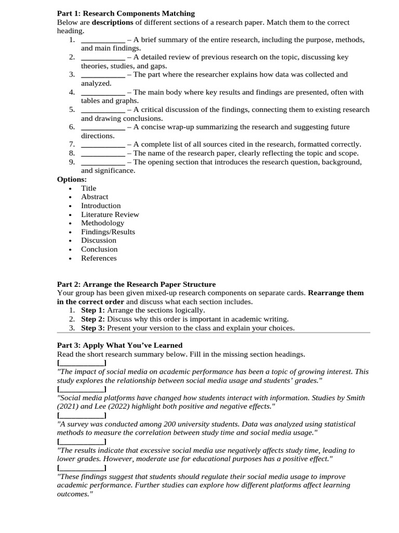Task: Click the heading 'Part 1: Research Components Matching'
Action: pyautogui.click(x=126, y=14)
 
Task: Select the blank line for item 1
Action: pyautogui.click(x=103, y=40)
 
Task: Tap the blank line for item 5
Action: pyautogui.click(x=103, y=110)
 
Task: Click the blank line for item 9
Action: pyautogui.click(x=103, y=162)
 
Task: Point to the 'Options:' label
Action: pyautogui.click(x=72, y=180)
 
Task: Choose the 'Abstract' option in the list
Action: pyautogui.click(x=95, y=197)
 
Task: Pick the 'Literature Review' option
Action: pyautogui.click(x=110, y=214)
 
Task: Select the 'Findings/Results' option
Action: pyautogui.click(x=108, y=232)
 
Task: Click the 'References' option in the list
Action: pyautogui.click(x=99, y=258)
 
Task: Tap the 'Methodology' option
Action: pyautogui.click(x=102, y=223)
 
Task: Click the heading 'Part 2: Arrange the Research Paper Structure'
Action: pyautogui.click(x=136, y=284)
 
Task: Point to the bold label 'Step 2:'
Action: pyautogui.click(x=93, y=319)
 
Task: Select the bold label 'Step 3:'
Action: pyautogui.click(x=93, y=328)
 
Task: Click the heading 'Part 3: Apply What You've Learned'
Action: pyautogui.click(x=119, y=345)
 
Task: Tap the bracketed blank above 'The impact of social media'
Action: pyautogui.click(x=82, y=363)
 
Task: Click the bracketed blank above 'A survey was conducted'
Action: pyautogui.click(x=82, y=415)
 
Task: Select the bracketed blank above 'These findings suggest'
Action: pyautogui.click(x=82, y=468)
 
